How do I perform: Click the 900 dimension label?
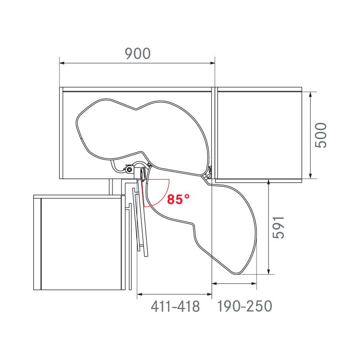[138, 54]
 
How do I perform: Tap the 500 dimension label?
[321, 135]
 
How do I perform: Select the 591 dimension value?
[279, 228]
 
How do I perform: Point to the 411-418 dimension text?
[175, 306]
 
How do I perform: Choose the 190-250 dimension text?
[245, 306]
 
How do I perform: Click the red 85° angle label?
[178, 199]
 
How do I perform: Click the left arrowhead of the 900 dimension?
[62, 63]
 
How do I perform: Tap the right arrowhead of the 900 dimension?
[212, 63]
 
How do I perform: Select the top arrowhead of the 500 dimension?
[310, 94]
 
